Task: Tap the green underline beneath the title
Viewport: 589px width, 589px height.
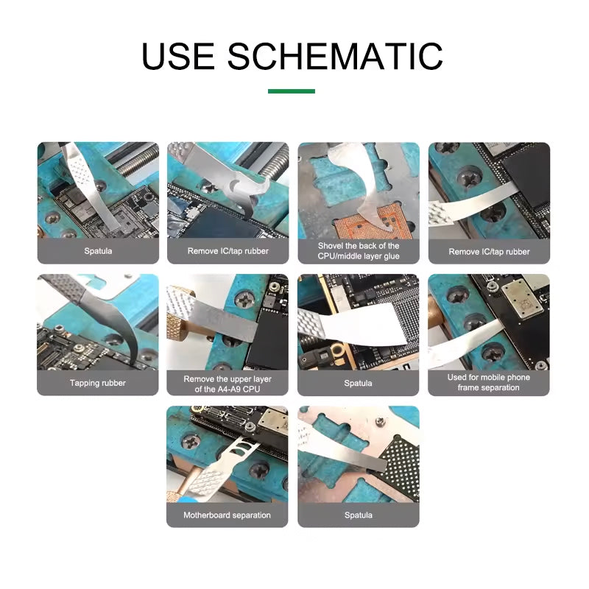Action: [291, 91]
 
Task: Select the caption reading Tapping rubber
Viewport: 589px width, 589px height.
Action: [98, 383]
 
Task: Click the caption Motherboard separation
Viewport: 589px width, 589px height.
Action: [227, 515]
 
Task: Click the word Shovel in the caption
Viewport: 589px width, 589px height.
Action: [330, 246]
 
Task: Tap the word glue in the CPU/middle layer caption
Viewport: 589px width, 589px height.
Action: [392, 256]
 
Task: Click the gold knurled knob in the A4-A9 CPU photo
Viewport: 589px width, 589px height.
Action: [180, 330]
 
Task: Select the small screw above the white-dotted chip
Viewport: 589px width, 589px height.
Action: [380, 421]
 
